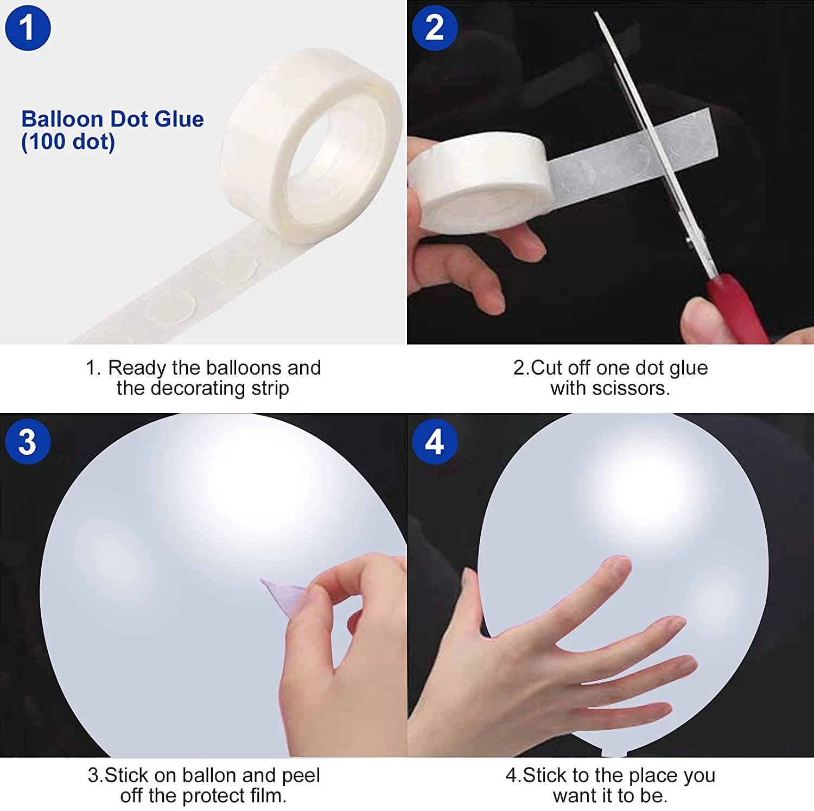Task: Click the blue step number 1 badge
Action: pos(28,28)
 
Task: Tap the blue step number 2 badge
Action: pos(435,28)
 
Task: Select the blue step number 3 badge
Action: pos(28,441)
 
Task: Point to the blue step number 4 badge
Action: pos(435,441)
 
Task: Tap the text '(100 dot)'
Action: pos(68,142)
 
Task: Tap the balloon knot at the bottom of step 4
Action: pos(614,752)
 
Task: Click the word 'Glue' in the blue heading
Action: pos(179,119)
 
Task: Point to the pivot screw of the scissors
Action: pos(689,239)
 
